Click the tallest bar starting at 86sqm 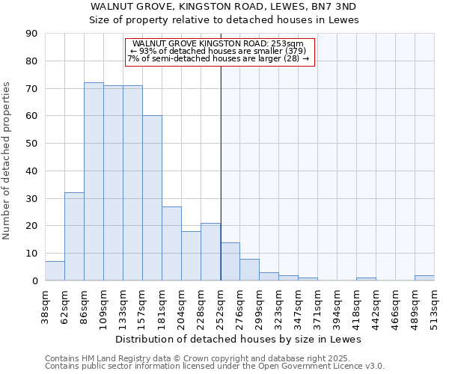tap(94, 182)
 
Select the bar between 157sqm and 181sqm tap(152, 198)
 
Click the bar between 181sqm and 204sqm tap(171, 244)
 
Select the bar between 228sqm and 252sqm tap(210, 252)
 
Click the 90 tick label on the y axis tap(31, 34)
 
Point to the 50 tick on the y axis tap(31, 144)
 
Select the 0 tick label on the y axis tap(34, 280)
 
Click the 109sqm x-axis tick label tap(103, 305)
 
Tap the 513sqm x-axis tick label tap(434, 305)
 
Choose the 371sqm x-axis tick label tap(317, 305)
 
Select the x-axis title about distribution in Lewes tap(239, 339)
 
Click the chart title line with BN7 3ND tap(224, 6)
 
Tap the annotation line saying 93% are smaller tap(218, 51)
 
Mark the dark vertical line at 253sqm tap(221, 172)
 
